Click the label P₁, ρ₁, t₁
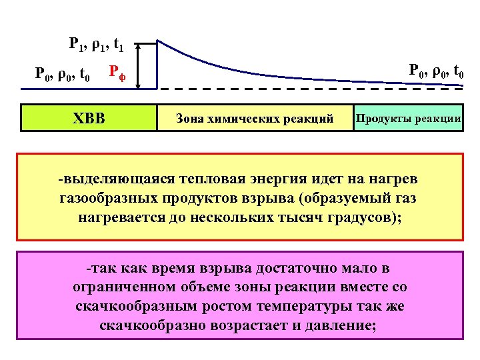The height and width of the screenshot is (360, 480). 96,45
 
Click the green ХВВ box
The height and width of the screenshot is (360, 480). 88,118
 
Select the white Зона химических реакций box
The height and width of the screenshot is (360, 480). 254,118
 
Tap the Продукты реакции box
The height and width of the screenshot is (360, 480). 408,117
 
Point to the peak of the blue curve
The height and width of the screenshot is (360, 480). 157,41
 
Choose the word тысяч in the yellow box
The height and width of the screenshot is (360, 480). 301,217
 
